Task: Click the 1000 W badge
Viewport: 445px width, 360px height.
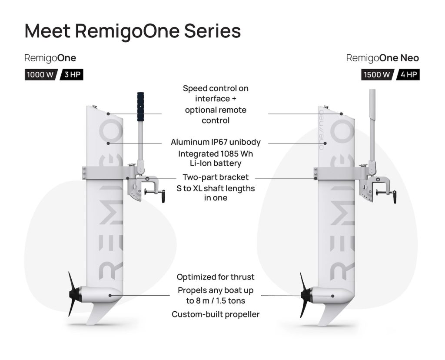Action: click(40, 74)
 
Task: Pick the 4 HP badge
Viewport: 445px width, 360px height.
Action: click(408, 74)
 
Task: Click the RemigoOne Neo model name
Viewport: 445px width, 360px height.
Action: click(382, 58)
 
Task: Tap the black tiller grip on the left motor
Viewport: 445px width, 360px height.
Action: click(141, 106)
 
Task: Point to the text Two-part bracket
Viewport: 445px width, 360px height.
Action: click(216, 177)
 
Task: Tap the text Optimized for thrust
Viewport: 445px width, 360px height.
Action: click(216, 277)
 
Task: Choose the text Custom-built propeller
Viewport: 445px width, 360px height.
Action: click(216, 314)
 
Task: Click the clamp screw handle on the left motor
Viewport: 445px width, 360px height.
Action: click(163, 196)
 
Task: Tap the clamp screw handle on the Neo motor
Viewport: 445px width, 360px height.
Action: click(395, 197)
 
